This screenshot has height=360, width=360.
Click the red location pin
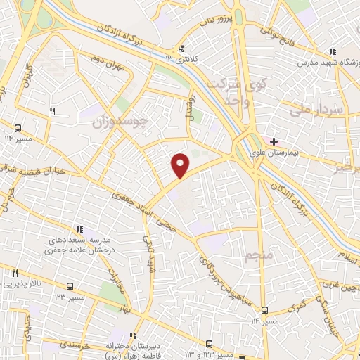[181, 165]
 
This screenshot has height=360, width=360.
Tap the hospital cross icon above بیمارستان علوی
[274, 141]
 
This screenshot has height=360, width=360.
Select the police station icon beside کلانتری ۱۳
[182, 49]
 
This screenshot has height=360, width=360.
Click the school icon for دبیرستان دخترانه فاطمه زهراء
[133, 335]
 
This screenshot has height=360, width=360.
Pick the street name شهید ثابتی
[149, 255]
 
